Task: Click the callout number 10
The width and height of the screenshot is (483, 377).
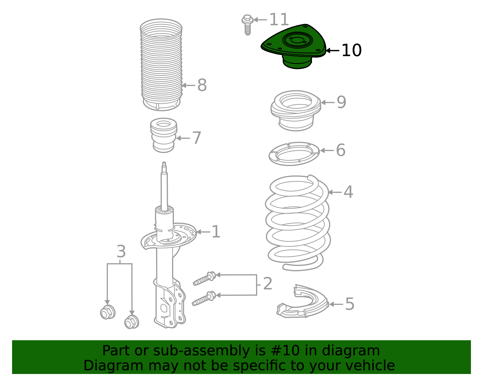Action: (351, 50)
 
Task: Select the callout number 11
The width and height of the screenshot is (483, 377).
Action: (279, 20)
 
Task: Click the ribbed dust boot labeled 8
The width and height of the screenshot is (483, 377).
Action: (161, 65)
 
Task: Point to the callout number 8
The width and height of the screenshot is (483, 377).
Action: (202, 85)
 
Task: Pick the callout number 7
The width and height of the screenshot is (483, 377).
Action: (197, 138)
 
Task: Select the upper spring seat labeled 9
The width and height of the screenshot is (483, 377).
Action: (296, 110)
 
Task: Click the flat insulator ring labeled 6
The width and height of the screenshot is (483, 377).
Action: (294, 154)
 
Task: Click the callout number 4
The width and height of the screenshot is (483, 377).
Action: (348, 192)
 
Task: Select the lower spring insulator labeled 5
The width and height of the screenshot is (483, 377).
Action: (302, 303)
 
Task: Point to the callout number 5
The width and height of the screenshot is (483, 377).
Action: (350, 304)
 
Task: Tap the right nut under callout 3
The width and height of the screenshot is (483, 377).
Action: (132, 322)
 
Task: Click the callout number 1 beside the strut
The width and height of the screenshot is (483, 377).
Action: (216, 232)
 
